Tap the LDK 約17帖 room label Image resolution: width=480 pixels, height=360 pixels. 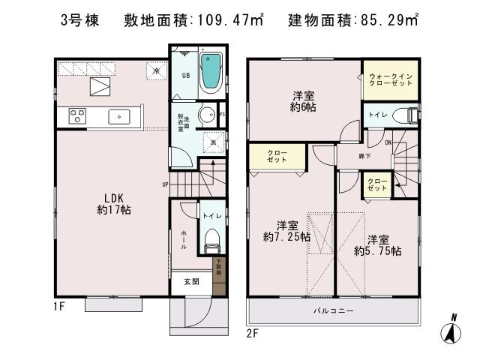point(114,205)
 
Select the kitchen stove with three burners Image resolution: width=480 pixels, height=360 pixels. point(78,115)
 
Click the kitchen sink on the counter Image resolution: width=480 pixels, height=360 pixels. point(120,116)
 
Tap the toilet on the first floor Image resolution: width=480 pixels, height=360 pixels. point(212,238)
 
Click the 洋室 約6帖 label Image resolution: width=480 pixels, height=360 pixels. point(303,101)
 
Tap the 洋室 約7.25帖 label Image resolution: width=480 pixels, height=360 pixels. point(283,230)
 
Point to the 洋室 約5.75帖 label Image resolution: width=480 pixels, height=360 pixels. point(377,245)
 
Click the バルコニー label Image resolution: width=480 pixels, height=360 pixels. point(334,310)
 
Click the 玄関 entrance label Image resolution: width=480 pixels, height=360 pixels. point(191,282)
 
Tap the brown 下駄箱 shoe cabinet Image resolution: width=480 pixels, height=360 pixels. point(218,276)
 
